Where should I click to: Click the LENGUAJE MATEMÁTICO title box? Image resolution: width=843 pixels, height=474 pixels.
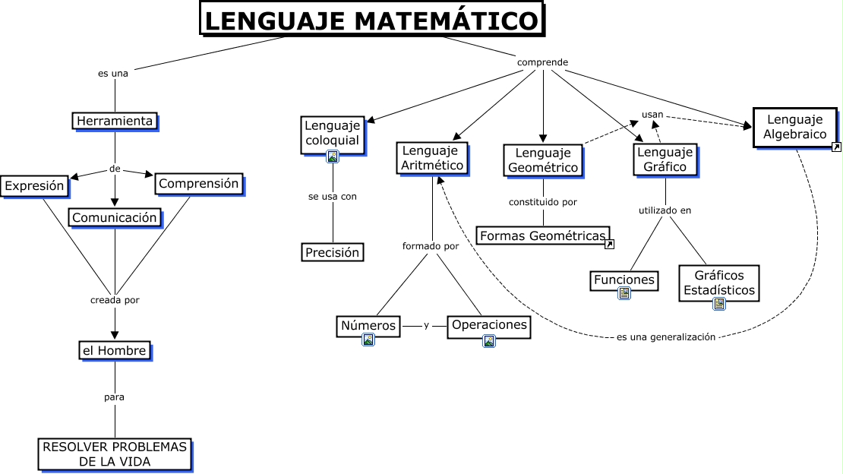click(372, 19)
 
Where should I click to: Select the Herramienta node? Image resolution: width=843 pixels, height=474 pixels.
click(115, 121)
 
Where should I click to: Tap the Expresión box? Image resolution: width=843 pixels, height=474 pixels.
click(35, 186)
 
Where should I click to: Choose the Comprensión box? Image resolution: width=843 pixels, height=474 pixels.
click(199, 184)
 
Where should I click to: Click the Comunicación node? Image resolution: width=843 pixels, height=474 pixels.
click(115, 218)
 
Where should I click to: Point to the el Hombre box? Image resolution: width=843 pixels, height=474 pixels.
click(115, 351)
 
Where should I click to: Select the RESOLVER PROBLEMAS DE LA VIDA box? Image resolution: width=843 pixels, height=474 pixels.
click(115, 455)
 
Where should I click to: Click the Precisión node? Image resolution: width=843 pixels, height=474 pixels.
click(333, 252)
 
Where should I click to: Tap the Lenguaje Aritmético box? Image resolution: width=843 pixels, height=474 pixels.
click(432, 158)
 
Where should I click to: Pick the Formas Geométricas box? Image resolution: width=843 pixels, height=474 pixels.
click(543, 235)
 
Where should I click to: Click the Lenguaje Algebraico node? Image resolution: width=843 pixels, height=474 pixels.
click(795, 128)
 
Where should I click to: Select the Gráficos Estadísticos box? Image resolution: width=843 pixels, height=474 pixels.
click(719, 283)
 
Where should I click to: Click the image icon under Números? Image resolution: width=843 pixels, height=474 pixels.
click(368, 340)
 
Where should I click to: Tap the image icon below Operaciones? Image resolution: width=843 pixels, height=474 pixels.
click(489, 341)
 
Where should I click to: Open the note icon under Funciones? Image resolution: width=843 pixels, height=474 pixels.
click(624, 293)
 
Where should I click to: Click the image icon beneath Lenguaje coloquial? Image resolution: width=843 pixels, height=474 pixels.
click(333, 157)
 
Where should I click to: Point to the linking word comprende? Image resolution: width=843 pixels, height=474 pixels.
click(542, 62)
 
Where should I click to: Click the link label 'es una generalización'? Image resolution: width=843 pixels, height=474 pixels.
click(666, 337)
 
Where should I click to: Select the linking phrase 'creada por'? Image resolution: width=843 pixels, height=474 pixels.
click(115, 300)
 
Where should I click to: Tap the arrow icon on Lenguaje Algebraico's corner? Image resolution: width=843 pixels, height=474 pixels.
click(837, 147)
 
